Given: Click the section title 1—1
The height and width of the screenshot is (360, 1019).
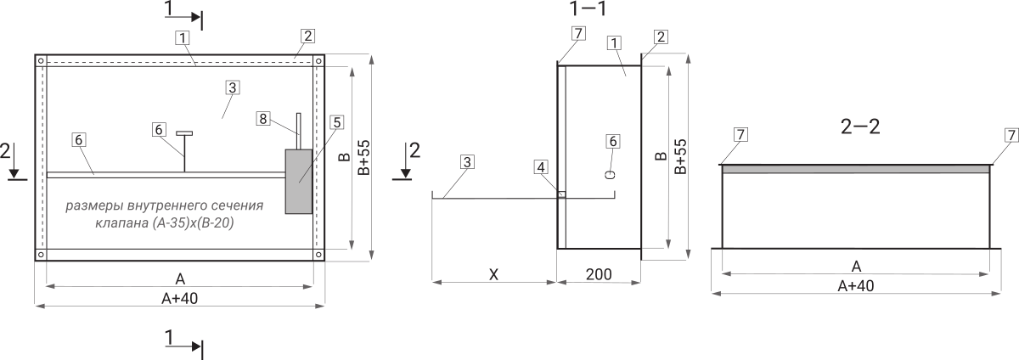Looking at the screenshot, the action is point(588,8).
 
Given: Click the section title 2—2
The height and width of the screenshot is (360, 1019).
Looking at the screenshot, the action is point(859,127).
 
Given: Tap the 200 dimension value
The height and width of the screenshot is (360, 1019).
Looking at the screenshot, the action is point(599,274).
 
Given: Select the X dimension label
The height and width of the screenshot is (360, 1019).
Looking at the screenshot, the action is point(493,274).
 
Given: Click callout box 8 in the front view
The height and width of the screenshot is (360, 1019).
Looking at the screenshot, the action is point(263,119).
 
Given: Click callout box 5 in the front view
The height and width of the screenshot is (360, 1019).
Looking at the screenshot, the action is point(337,122).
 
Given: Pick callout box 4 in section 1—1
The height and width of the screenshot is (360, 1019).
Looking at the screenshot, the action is point(540,167).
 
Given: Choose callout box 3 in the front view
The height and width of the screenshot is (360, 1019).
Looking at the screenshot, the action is point(233,87).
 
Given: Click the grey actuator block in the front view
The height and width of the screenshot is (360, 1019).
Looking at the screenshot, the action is point(298,181).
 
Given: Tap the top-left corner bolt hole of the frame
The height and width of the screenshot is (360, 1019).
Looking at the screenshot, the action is point(41,60).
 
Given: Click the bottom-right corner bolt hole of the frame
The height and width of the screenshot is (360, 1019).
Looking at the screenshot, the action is point(318,255).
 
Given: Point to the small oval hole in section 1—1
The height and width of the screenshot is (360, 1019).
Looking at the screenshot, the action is point(611,175).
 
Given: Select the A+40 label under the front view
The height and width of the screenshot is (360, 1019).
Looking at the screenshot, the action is point(180,299).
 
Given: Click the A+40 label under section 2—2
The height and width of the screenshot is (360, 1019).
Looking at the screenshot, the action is point(856,286).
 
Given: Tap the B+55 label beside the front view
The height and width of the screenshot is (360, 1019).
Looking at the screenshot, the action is point(364,157).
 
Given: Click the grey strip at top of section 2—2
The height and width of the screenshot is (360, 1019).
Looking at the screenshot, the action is point(856,169).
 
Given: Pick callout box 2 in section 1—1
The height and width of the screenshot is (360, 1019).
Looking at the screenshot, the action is point(661,37).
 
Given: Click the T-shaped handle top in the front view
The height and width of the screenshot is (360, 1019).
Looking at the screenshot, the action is point(184,133).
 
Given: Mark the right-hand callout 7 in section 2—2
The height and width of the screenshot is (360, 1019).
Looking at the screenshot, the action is point(1011,135).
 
